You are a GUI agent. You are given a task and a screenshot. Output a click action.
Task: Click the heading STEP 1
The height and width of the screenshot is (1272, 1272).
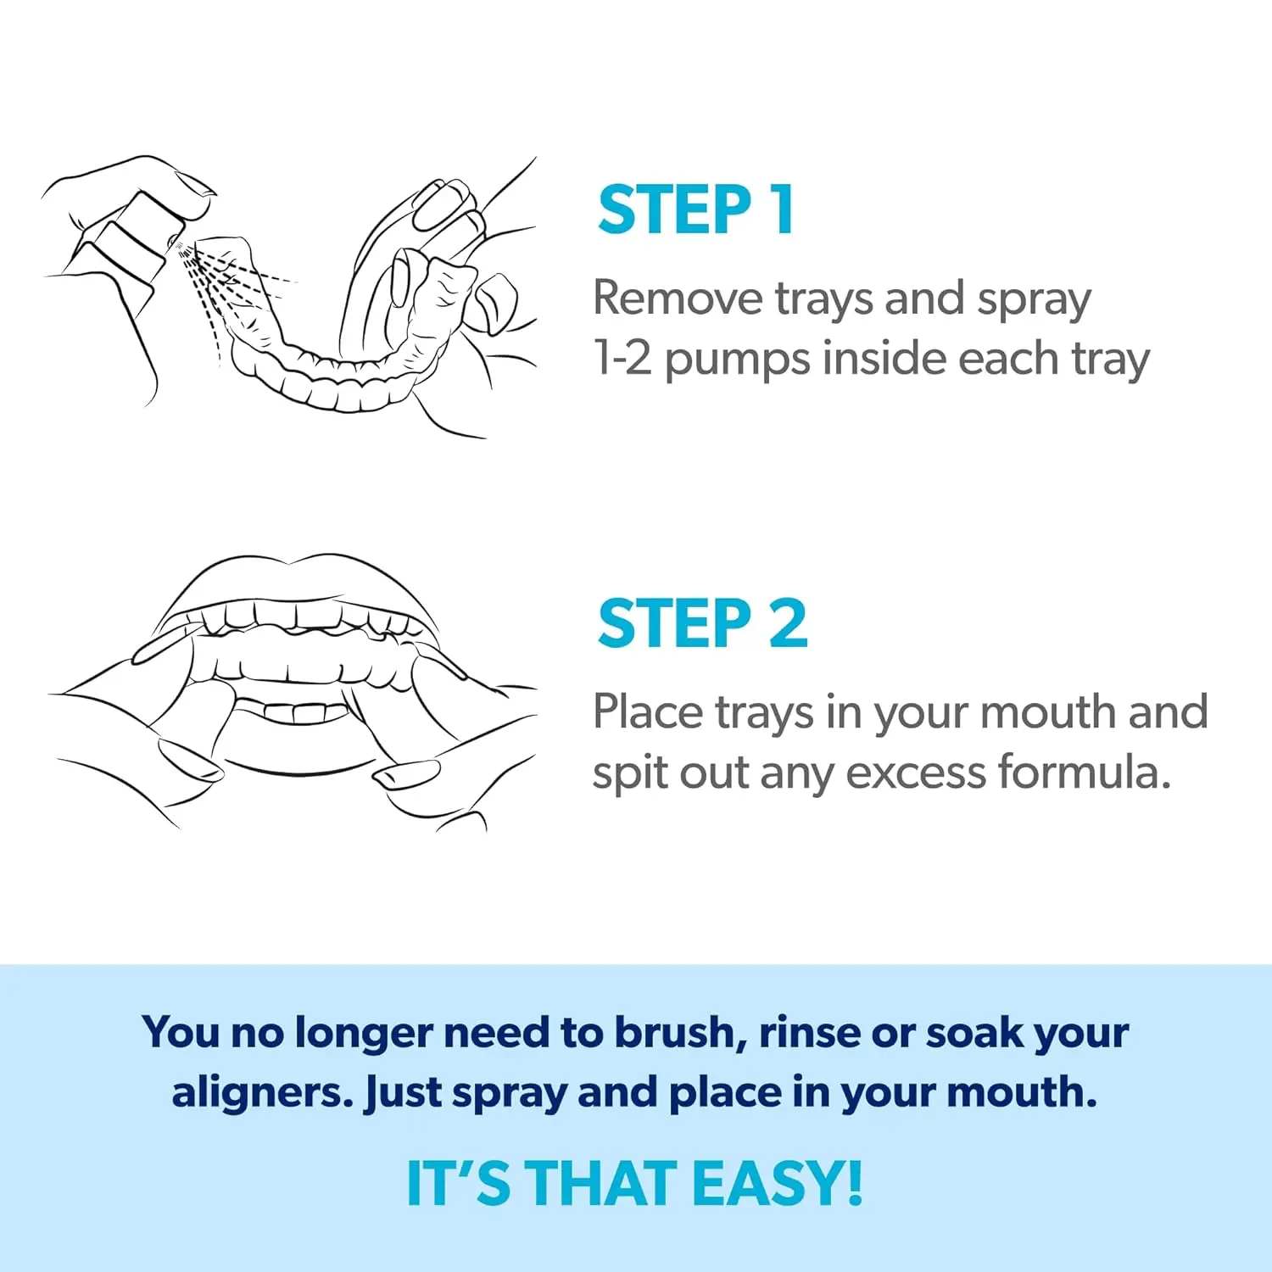tap(695, 209)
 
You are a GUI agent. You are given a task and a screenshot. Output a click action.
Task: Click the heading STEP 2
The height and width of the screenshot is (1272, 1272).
tap(703, 623)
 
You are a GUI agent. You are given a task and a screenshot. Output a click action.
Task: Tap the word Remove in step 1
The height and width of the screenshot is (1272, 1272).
tap(678, 298)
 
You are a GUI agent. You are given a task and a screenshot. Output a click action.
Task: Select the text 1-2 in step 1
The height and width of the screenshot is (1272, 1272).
tap(623, 358)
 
